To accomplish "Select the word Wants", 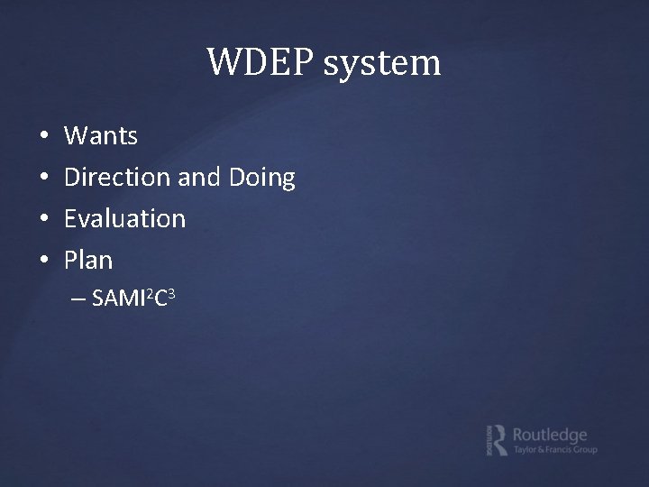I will click(101, 137).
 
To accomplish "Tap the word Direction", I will click(118, 178).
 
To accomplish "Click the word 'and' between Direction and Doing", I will click(198, 178).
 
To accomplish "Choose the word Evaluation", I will click(124, 219).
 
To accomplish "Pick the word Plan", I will click(88, 261).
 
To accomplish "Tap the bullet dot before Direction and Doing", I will click(44, 179).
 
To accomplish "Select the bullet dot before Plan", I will click(44, 262).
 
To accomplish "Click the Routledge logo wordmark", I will click(549, 434).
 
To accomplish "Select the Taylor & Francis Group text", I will click(554, 450).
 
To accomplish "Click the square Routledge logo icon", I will click(495, 439).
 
